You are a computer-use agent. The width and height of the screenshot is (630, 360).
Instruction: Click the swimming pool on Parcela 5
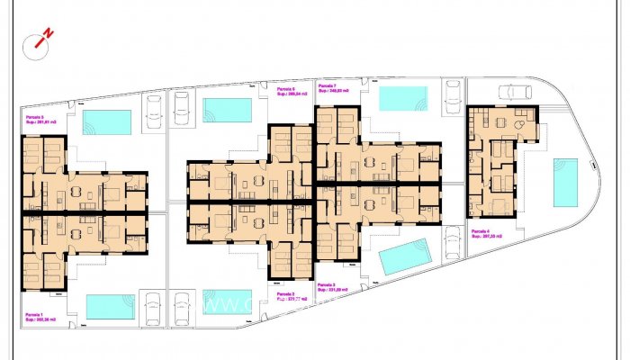[x=107, y=122]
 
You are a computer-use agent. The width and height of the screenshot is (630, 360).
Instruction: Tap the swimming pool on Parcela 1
[x=110, y=306]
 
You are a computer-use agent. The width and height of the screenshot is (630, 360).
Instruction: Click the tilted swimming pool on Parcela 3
[x=406, y=256]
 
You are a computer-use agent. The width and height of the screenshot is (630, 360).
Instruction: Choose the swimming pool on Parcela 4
[x=565, y=183]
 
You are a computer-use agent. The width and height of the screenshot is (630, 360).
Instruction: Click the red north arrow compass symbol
[x=42, y=37]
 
